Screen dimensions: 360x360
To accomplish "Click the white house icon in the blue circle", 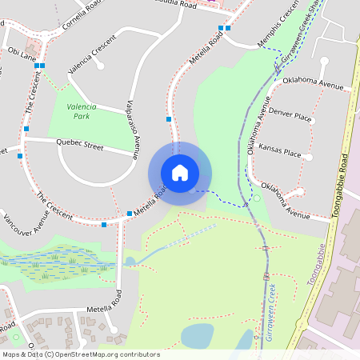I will pyautogui.click(x=180, y=173).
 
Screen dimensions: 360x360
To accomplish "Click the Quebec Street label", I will pyautogui.click(x=80, y=146).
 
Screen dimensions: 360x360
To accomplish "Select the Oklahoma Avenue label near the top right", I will pyautogui.click(x=314, y=84).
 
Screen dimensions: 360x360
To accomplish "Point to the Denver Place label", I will pyautogui.click(x=290, y=116).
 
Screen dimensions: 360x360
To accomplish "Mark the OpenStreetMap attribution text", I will pyautogui.click(x=81, y=354).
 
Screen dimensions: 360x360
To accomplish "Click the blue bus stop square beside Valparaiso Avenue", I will pyautogui.click(x=169, y=119).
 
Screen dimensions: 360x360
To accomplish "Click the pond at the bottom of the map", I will pyautogui.click(x=198, y=336).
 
